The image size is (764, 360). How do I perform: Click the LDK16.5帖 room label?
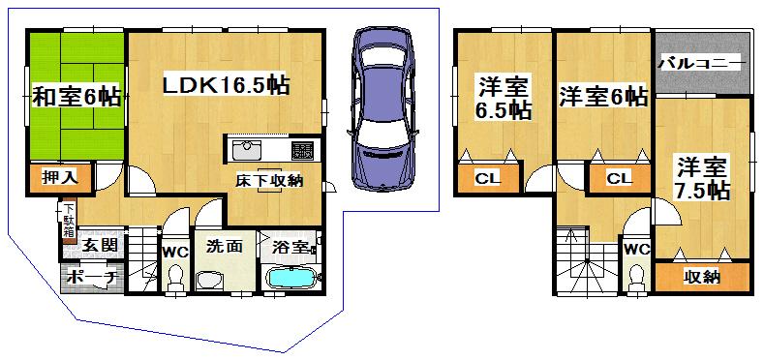pyautogui.click(x=228, y=85)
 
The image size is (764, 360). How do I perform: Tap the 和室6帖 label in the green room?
pyautogui.click(x=76, y=96)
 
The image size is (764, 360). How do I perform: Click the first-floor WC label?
pyautogui.click(x=175, y=252)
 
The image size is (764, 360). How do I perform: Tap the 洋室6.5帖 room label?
pyautogui.click(x=503, y=98)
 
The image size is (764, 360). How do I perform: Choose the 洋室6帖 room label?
pyautogui.click(x=603, y=97)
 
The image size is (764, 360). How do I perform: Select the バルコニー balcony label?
pyautogui.click(x=702, y=64)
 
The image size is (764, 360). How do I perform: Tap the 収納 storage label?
pyautogui.click(x=702, y=277)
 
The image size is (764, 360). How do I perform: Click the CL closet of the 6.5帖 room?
pyautogui.click(x=486, y=177)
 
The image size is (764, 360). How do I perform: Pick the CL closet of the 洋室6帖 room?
pyautogui.click(x=618, y=177)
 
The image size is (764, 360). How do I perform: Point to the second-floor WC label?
pyautogui.click(x=636, y=249)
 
